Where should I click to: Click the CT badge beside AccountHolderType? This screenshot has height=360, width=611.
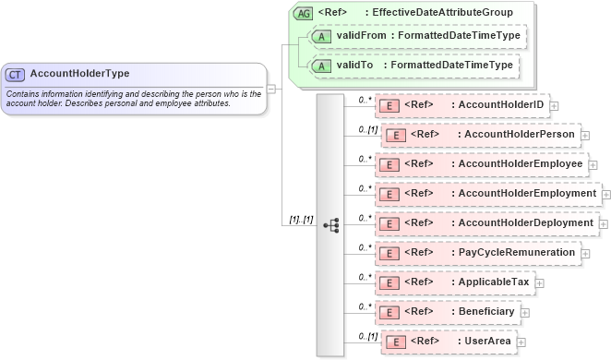(16, 74)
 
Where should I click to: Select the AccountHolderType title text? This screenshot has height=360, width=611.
(79, 74)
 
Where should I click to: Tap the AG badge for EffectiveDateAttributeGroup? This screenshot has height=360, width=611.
(303, 14)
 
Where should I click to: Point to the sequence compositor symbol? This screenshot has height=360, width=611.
(330, 224)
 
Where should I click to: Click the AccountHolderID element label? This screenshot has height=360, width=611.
(501, 105)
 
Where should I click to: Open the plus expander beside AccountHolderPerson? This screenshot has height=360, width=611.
(585, 136)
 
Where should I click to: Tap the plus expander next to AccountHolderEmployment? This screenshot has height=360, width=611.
(606, 194)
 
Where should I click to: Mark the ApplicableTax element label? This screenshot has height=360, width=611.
(494, 282)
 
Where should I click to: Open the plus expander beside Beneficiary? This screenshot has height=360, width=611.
(524, 313)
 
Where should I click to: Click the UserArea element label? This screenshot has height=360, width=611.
(488, 342)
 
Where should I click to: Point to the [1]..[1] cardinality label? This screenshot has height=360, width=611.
(302, 220)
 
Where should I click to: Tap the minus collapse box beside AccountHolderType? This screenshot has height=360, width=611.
(271, 89)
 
